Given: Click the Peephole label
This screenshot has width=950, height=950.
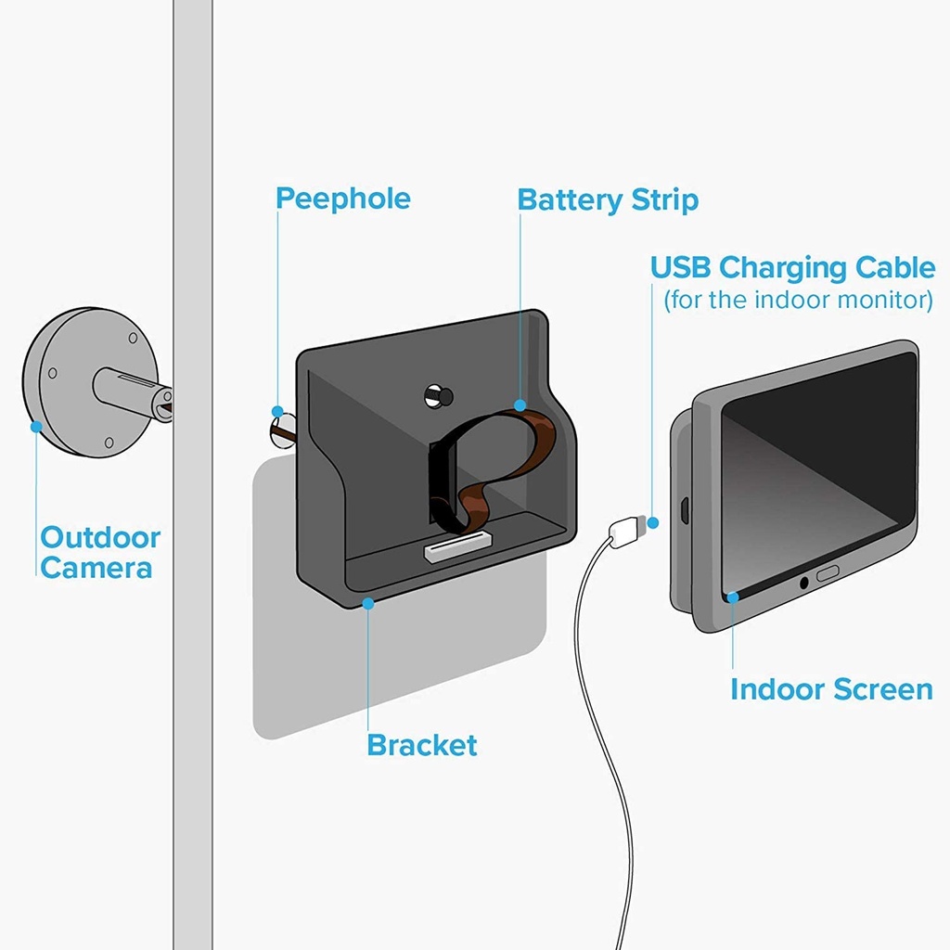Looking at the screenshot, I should pos(343,199).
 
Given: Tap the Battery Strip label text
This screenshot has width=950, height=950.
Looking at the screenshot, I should pos(608,199).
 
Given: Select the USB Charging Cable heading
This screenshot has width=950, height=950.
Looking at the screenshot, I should pos(792,267).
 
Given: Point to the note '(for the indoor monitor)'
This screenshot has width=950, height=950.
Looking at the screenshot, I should pos(798,300).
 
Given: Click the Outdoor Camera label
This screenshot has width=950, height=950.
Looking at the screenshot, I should pos(100,552).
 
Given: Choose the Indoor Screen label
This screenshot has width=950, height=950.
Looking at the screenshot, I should pos(831,689).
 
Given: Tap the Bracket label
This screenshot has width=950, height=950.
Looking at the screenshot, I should pos(422,745).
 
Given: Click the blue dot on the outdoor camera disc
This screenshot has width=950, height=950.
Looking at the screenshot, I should pos(36,427).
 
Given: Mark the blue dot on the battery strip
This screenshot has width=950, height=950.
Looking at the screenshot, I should pos(520,405).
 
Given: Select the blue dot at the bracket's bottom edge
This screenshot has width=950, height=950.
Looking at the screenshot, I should pos(368,603).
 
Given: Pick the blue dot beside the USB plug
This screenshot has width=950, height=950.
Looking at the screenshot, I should pos(653,522).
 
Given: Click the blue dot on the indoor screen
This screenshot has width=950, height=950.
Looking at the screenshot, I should pos(733,597).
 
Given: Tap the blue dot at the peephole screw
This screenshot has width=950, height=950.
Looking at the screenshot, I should pos(277,411).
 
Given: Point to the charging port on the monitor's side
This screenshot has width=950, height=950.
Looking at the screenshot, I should pos(682,509).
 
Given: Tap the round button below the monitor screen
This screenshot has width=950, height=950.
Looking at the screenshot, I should pos(803,583).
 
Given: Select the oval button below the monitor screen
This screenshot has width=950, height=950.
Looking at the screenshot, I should pos(828,574).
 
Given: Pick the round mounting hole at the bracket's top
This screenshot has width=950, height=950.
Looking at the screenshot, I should pos(435,395).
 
